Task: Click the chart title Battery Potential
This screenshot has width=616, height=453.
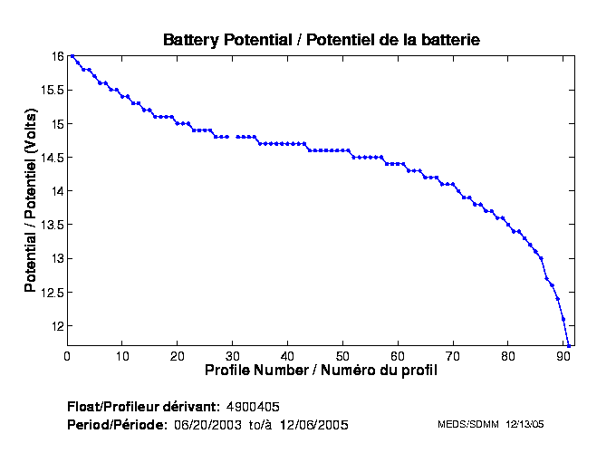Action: coord(321,40)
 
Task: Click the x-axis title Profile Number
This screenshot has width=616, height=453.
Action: coord(321,371)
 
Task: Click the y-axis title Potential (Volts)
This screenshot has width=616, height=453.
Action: coord(30,201)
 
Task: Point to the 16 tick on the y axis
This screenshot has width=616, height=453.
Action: coord(57,56)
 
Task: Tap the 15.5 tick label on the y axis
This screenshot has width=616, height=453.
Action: coord(51,90)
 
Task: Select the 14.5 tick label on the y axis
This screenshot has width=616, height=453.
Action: coord(51,158)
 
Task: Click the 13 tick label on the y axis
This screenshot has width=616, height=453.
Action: coord(57,259)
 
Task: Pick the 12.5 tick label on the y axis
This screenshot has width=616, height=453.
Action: coord(51,293)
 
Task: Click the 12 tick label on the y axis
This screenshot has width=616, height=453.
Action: coord(57,326)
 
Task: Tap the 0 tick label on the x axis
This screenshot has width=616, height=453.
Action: coord(67,355)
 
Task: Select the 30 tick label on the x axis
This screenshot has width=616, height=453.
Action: coord(233,355)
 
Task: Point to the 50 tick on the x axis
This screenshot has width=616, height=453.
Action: coord(343,355)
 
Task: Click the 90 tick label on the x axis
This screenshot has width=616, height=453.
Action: coord(563,355)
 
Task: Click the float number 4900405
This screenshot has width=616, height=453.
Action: coord(259,405)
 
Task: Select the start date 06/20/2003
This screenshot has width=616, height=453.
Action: coord(208,424)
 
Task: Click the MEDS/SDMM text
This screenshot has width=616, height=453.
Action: coord(467,424)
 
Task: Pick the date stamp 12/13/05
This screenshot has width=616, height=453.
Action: coord(525,424)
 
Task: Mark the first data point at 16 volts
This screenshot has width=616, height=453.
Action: coord(72,56)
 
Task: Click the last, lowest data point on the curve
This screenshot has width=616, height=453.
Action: coord(569,345)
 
